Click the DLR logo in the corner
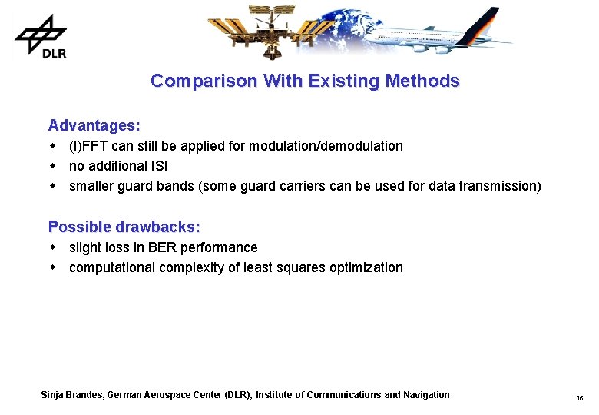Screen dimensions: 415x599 click(41, 35)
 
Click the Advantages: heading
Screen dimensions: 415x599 click(94, 124)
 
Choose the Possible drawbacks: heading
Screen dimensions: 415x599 click(124, 227)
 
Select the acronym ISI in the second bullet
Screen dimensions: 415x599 click(159, 166)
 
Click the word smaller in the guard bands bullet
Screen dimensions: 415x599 click(92, 186)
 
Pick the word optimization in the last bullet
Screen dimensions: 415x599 click(368, 267)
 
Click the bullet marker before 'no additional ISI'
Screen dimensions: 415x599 click(53, 166)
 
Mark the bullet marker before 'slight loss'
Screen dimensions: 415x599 click(53, 247)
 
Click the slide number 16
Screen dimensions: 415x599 click(579, 398)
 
